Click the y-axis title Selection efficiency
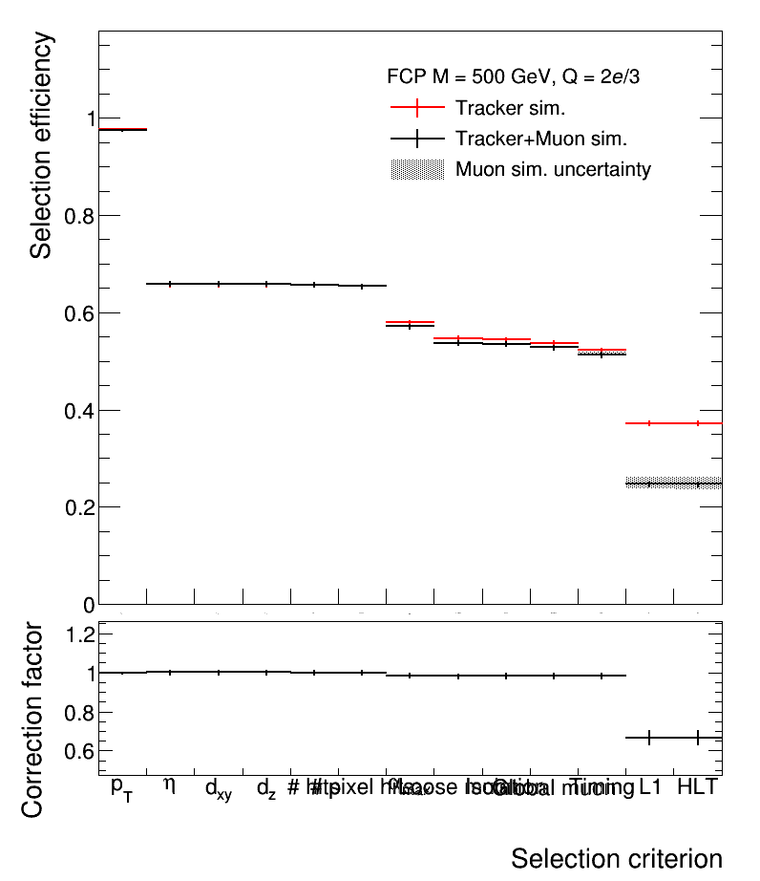pyautogui.click(x=41, y=145)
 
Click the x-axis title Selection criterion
pyautogui.click(x=616, y=857)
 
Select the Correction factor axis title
pyautogui.click(x=32, y=720)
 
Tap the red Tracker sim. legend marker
pyautogui.click(x=417, y=108)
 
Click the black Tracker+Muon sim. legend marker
pyautogui.click(x=417, y=139)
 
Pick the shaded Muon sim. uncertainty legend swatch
pyautogui.click(x=417, y=170)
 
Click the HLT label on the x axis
pyautogui.click(x=697, y=787)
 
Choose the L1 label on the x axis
pyautogui.click(x=650, y=787)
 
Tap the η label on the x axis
pyautogui.click(x=170, y=785)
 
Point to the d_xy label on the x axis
pyautogui.click(x=218, y=789)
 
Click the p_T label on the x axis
pyautogui.click(x=122, y=787)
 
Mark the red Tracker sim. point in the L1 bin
pyautogui.click(x=649, y=422)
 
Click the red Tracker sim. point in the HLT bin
pyautogui.click(x=698, y=422)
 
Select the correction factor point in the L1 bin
pyautogui.click(x=649, y=738)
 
